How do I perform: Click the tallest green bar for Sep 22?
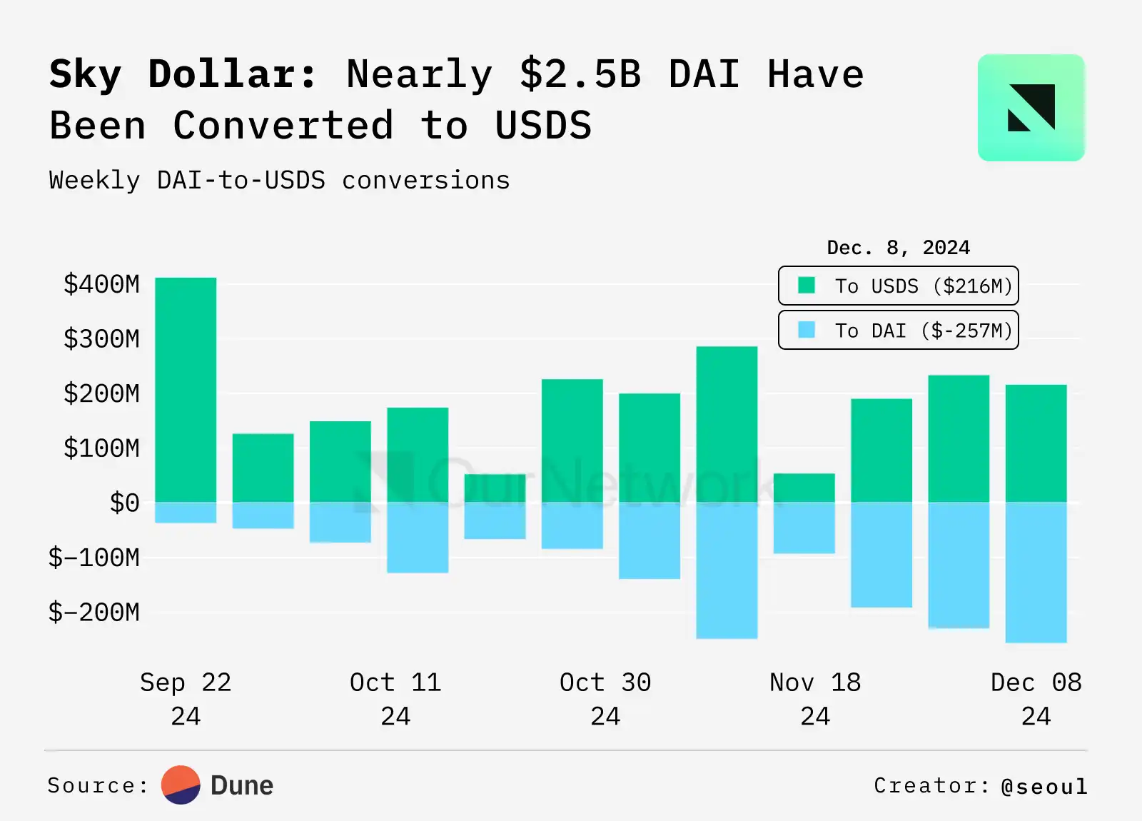click(186, 389)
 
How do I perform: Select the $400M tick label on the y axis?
click(101, 284)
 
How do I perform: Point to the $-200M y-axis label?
click(94, 613)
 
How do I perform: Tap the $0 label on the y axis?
click(124, 503)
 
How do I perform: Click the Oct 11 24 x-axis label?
click(395, 698)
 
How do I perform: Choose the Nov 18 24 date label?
click(815, 698)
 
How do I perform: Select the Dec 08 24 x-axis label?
click(1036, 698)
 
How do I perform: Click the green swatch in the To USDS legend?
click(807, 286)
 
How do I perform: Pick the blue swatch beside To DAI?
click(807, 330)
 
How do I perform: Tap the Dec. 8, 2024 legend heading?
click(898, 248)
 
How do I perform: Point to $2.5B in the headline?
click(580, 74)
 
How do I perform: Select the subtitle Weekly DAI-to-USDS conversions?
click(279, 181)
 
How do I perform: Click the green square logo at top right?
click(1031, 108)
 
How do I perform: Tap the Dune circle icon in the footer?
click(181, 785)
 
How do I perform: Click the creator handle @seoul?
click(1044, 786)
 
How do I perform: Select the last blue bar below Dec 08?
click(1036, 572)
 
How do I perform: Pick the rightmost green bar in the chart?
click(1036, 443)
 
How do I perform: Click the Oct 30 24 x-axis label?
click(605, 698)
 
